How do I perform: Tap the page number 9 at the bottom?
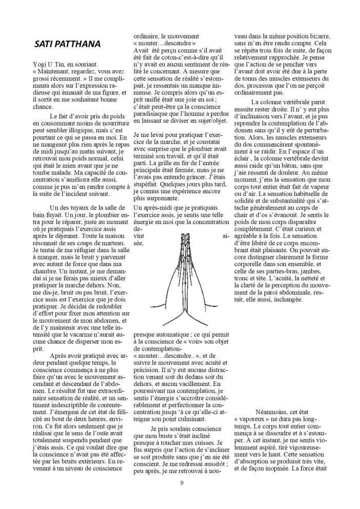coord(181,482)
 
